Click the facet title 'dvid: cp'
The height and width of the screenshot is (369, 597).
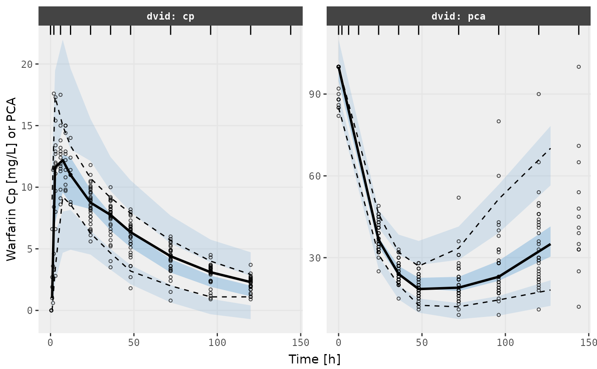click(x=171, y=17)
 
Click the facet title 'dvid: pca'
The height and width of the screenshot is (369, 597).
click(x=458, y=17)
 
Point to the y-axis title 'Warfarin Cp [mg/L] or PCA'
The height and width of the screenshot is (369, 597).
click(x=11, y=179)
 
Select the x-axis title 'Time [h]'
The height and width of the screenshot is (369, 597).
click(x=314, y=359)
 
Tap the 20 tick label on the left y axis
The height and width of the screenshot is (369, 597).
click(x=27, y=64)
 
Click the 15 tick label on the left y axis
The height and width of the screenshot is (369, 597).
click(x=27, y=126)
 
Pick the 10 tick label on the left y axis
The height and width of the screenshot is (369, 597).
click(x=27, y=187)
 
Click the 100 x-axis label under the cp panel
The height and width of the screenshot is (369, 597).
click(x=217, y=342)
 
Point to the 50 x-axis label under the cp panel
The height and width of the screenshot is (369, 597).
click(x=134, y=342)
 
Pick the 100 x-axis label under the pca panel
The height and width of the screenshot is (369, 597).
click(x=506, y=342)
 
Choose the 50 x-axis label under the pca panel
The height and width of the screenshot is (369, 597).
click(x=422, y=342)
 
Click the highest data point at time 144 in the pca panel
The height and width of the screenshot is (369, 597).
click(x=579, y=67)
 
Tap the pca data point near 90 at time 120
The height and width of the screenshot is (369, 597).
click(x=539, y=94)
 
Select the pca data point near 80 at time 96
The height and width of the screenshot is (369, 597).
click(x=498, y=121)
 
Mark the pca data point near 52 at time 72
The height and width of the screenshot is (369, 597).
click(x=458, y=198)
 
